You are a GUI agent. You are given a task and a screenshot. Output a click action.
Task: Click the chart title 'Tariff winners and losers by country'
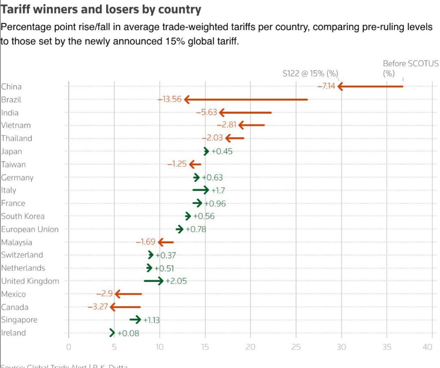tap(101, 9)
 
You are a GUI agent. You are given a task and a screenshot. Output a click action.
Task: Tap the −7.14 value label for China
tap(326, 86)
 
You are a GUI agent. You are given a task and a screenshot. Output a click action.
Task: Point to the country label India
tap(10, 113)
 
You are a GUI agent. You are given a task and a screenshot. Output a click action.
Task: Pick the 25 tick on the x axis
tap(296, 347)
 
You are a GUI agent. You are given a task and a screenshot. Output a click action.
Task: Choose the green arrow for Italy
tap(201, 190)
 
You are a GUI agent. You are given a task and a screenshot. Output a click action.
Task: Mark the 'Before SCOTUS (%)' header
tap(410, 68)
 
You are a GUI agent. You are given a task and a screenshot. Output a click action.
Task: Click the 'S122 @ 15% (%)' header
tap(310, 73)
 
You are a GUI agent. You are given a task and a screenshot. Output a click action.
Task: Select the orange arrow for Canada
tap(125, 307)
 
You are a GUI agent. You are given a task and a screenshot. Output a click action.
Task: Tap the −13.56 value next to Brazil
tap(170, 100)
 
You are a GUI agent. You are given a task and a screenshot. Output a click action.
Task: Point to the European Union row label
tap(30, 229)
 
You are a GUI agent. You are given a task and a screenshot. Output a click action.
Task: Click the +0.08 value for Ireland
tap(128, 333)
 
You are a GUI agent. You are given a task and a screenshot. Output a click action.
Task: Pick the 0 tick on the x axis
tap(69, 347)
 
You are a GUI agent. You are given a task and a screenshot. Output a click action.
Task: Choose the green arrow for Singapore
tap(135, 319)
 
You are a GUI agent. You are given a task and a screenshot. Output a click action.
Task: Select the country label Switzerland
tap(22, 255)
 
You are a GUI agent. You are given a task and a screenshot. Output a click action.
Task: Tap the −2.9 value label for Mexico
tap(104, 294)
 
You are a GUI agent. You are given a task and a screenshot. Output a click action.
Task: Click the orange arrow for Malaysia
tap(166, 242)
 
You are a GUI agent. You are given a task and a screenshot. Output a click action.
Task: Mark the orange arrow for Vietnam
tap(251, 125)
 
